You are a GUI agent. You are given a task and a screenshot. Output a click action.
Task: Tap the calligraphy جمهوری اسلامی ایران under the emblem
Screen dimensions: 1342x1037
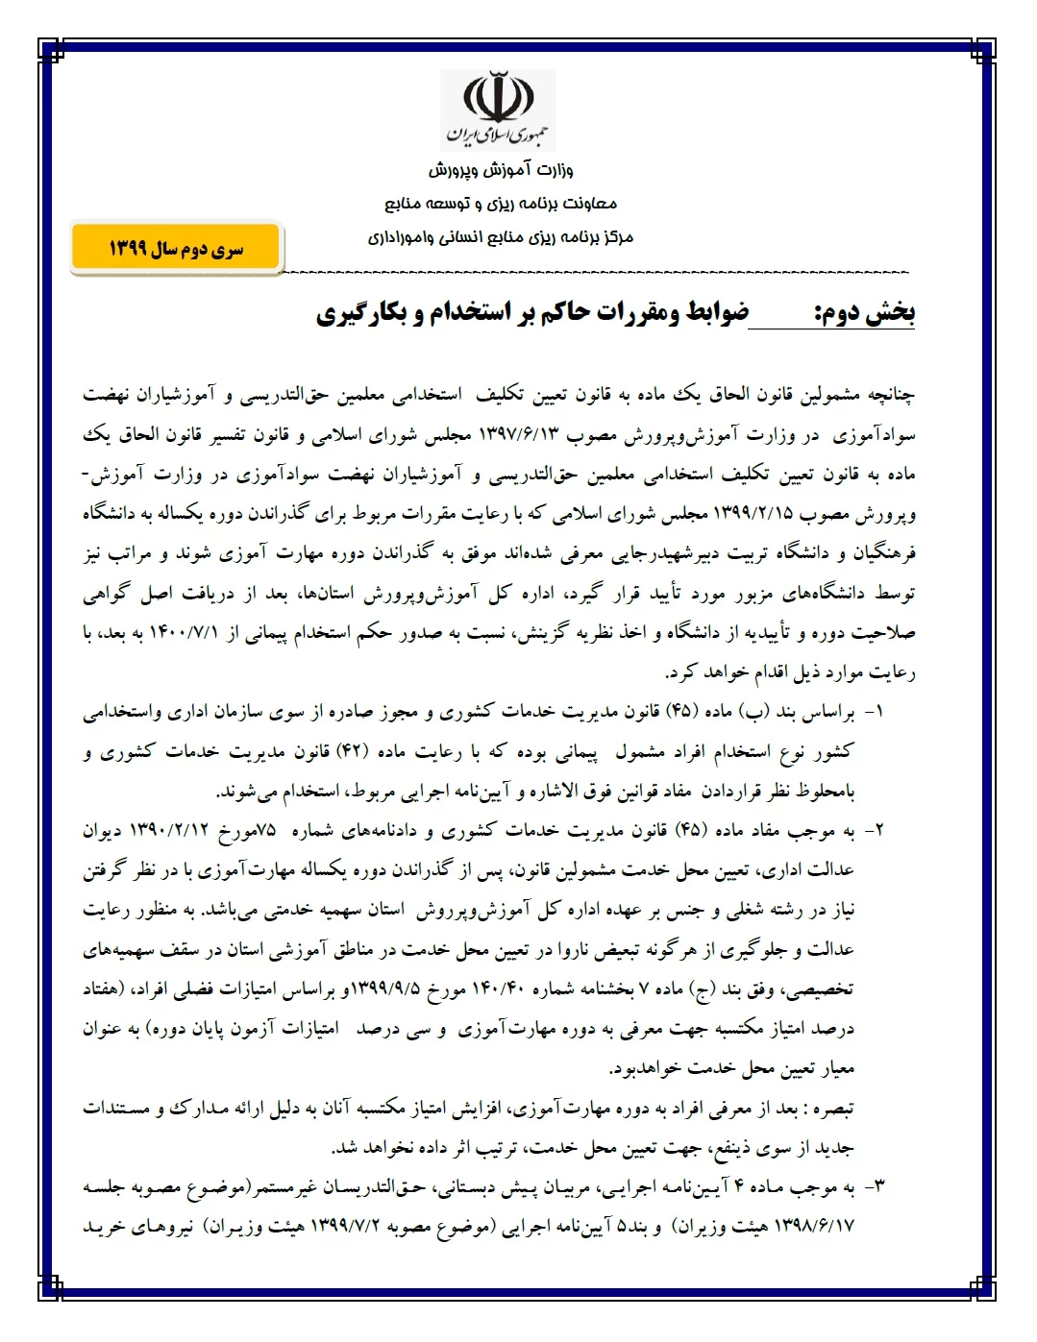click(x=497, y=134)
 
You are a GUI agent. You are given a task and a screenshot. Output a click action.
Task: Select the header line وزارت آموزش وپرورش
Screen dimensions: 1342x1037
click(x=501, y=171)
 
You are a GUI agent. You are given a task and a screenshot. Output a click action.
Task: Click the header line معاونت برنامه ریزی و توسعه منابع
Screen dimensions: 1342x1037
click(x=501, y=204)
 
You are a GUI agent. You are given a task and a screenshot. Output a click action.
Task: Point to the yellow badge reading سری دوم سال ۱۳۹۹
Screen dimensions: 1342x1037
click(x=175, y=249)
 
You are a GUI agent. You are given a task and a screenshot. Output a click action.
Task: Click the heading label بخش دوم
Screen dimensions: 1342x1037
click(x=864, y=313)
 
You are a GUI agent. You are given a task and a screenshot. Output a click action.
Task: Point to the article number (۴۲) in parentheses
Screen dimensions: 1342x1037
click(x=361, y=752)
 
